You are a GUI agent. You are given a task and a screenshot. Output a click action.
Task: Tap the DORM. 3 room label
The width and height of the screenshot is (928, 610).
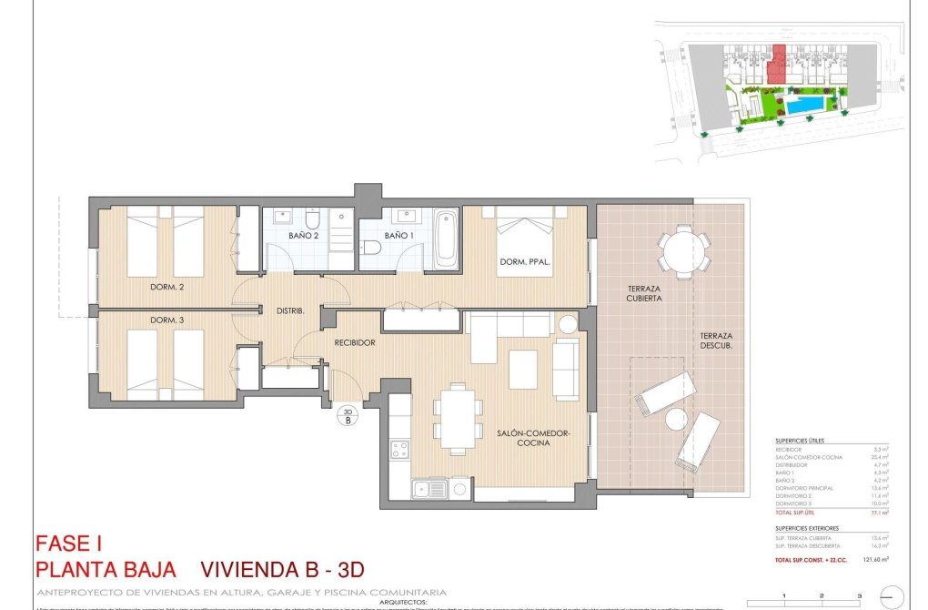[168, 320]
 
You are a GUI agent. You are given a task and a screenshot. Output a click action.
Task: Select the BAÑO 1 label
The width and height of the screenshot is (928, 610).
[398, 236]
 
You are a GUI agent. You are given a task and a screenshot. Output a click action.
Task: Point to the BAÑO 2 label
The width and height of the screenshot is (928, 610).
[304, 236]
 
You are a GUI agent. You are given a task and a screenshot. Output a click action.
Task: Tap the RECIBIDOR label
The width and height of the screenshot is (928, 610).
[355, 343]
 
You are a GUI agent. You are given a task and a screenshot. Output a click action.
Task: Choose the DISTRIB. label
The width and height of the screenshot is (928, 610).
[289, 311]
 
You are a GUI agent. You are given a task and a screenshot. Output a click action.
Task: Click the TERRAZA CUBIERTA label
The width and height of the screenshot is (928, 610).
[643, 292]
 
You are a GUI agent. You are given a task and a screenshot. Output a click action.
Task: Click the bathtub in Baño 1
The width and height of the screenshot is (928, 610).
[447, 239]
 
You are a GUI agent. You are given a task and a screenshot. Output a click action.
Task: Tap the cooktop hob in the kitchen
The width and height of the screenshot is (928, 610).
[399, 449]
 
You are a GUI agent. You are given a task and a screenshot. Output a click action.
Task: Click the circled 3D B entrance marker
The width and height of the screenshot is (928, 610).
[347, 417]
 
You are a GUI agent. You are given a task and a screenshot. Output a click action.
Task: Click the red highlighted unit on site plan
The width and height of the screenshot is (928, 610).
[776, 66]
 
